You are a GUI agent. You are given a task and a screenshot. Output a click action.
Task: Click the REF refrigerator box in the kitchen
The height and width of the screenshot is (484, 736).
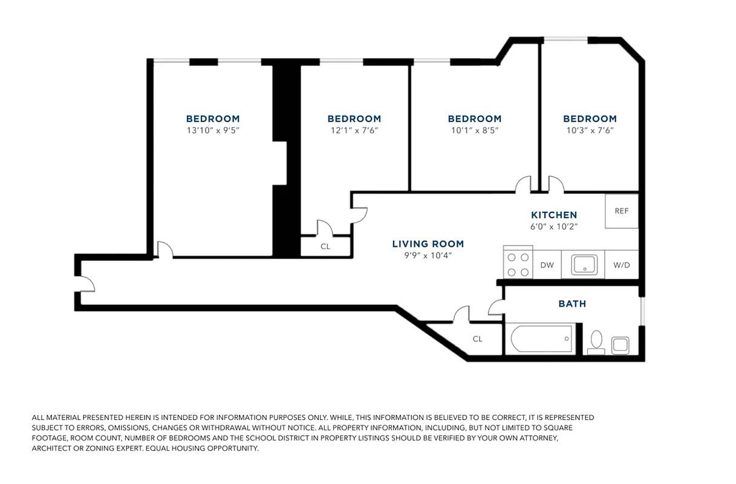[622, 211]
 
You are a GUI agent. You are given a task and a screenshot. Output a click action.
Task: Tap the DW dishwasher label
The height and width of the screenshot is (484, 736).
[547, 265]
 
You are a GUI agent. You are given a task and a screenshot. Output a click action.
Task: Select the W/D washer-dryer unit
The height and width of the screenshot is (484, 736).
[621, 265]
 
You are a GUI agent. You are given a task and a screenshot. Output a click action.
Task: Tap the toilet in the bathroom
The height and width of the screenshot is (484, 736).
[596, 342]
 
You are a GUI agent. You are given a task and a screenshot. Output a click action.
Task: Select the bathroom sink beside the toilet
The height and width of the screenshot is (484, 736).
[620, 345]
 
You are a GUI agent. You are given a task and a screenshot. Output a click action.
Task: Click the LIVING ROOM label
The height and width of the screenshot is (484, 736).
[428, 244]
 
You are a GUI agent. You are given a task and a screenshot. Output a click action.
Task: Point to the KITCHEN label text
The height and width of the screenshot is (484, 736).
[554, 215]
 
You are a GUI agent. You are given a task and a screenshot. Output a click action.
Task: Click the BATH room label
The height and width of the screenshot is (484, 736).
[572, 304]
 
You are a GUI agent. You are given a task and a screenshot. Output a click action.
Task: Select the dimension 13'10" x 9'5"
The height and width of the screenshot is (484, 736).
[213, 130]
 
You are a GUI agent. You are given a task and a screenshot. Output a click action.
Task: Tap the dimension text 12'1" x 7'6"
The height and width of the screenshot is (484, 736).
[354, 130]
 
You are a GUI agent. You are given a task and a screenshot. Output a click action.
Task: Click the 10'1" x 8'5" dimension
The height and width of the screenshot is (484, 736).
[475, 130]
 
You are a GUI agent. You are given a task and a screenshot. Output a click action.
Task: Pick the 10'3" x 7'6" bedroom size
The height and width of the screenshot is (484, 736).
[590, 130]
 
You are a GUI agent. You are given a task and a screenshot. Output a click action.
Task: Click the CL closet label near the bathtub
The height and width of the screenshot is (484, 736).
[477, 339]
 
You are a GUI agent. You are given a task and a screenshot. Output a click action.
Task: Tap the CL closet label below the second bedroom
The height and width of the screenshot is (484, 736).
[325, 246]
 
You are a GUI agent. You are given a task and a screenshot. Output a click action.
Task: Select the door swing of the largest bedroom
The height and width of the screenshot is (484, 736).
[164, 249]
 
